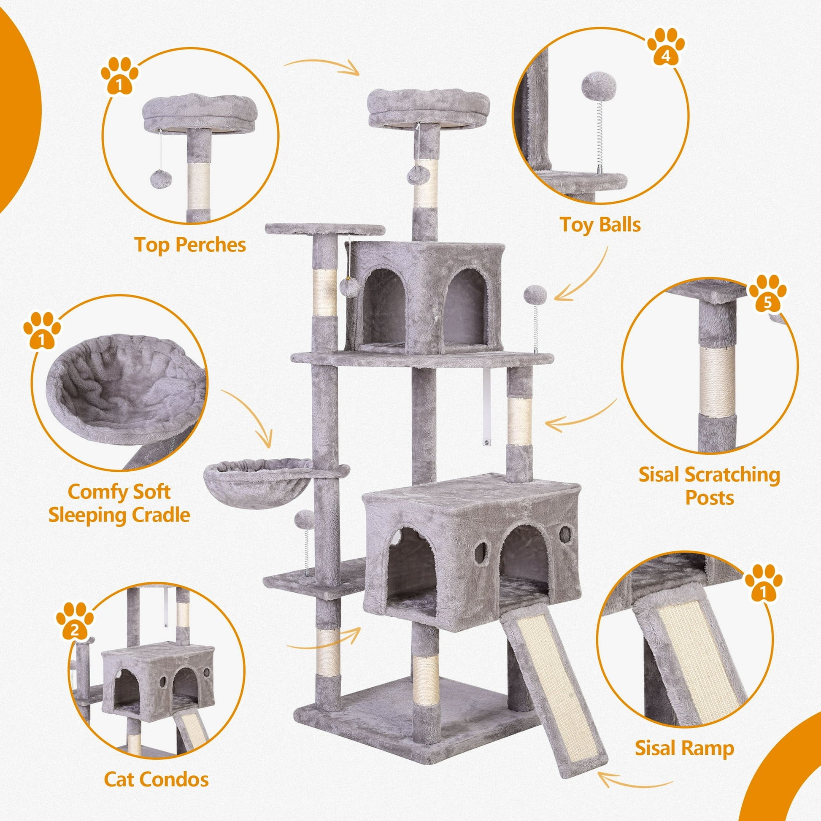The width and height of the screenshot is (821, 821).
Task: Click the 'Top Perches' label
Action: pyautogui.click(x=190, y=245)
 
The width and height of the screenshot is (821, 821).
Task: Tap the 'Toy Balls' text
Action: pyautogui.click(x=600, y=224)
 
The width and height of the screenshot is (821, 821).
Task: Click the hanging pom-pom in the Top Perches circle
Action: pyautogui.click(x=161, y=178)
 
